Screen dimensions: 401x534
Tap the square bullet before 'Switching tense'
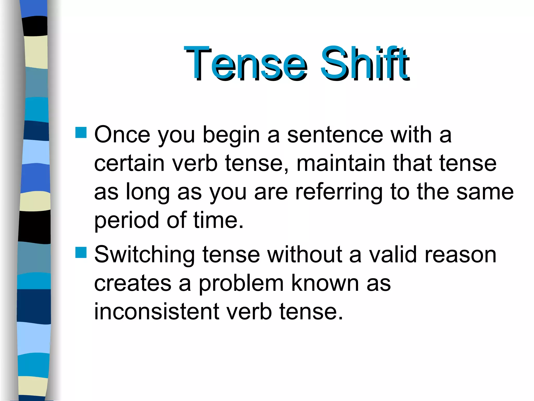tap(81, 252)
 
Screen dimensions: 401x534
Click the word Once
tap(122, 135)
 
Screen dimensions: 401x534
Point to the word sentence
tap(335, 135)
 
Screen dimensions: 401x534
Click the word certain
tap(129, 163)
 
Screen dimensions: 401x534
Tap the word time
tap(218, 220)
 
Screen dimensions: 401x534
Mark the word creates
tap(132, 283)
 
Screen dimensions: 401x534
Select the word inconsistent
tap(156, 311)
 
